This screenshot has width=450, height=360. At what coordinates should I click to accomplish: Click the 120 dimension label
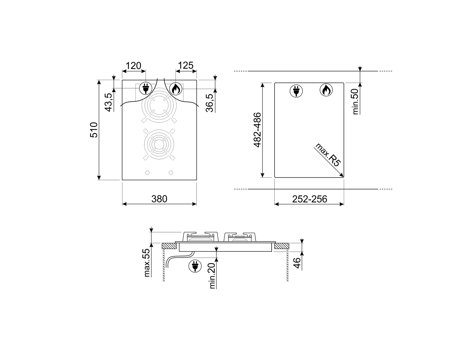(133, 65)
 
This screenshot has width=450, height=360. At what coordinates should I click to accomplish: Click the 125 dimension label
(186, 65)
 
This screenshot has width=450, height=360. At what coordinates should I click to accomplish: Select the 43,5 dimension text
(108, 102)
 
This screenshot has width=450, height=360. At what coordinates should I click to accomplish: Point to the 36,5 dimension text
(209, 103)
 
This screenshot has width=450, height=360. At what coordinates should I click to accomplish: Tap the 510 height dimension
(94, 130)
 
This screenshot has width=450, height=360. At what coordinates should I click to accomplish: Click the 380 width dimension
(159, 199)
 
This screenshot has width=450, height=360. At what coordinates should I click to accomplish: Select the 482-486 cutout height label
(257, 130)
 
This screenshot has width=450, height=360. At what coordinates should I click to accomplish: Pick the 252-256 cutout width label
(309, 199)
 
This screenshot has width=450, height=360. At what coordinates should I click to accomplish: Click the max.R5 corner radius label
(328, 155)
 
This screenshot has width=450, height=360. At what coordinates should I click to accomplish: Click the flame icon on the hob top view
(176, 88)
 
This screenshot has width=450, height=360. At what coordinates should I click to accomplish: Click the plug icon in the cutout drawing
(296, 90)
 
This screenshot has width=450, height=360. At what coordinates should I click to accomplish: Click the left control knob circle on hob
(147, 172)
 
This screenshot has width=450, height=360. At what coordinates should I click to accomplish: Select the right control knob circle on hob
(171, 172)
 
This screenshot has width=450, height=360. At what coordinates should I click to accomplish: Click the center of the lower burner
(159, 144)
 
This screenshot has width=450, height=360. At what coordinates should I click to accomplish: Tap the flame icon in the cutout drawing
(326, 90)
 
